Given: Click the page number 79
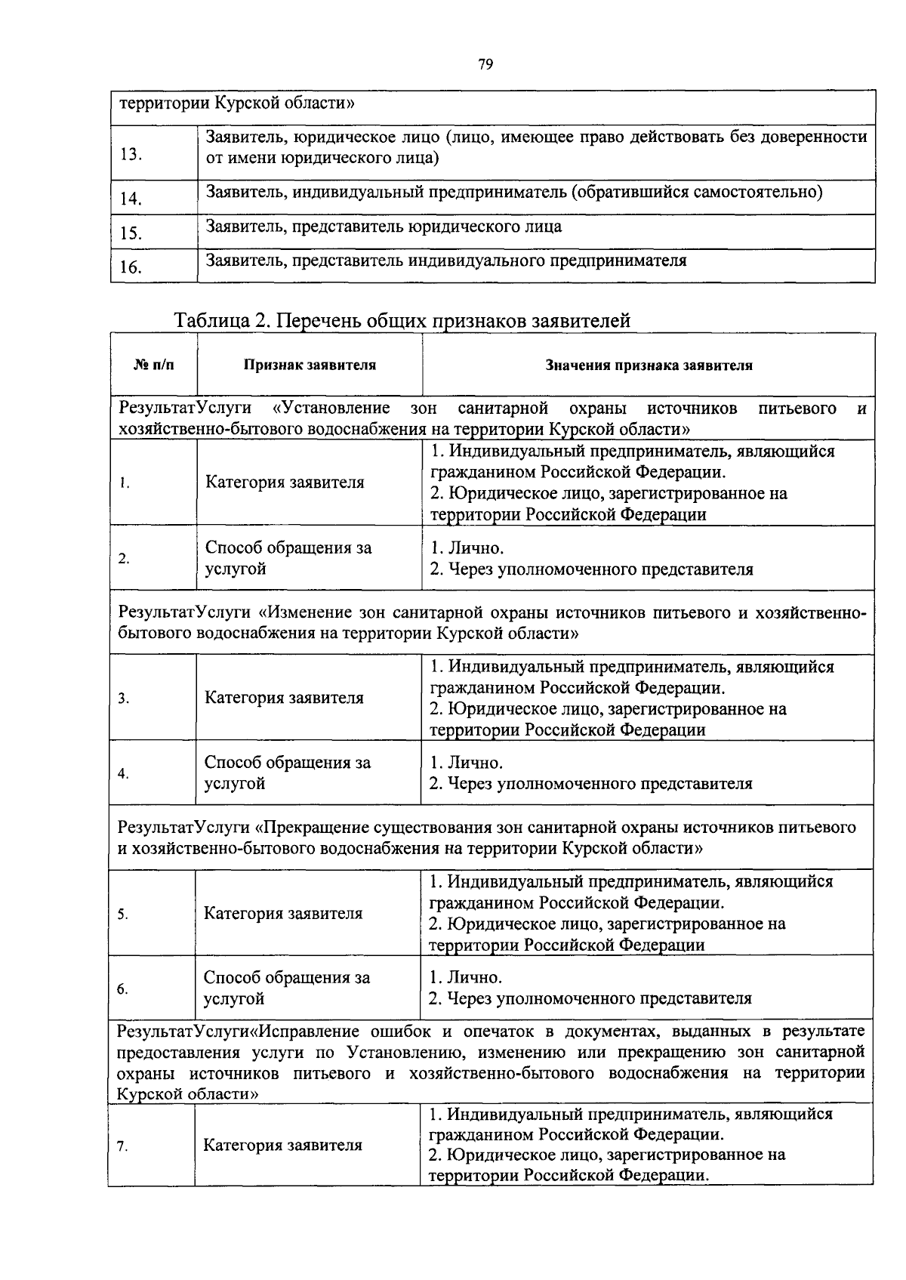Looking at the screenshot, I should [485, 65].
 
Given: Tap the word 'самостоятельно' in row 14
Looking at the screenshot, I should [763, 192].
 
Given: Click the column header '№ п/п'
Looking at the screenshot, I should [153, 365].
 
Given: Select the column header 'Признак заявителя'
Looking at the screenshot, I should [310, 365].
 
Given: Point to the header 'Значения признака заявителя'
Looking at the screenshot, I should [649, 365].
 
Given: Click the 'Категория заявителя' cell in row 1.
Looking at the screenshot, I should [285, 483].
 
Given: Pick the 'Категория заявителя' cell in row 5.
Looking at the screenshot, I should [283, 914].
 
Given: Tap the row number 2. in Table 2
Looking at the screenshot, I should [124, 560].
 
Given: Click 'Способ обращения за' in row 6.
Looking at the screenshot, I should [287, 978].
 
